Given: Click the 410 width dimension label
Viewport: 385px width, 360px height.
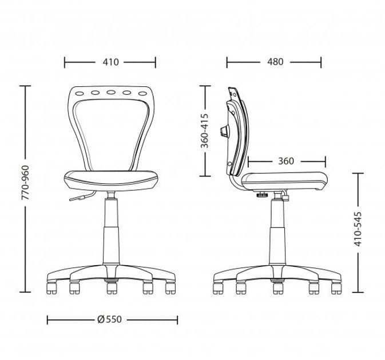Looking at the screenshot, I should click(x=110, y=62).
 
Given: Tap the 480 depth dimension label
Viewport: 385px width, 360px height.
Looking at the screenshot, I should click(x=275, y=62).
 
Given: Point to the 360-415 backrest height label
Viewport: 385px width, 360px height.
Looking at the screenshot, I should click(x=205, y=131).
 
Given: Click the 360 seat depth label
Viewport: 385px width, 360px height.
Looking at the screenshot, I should click(x=286, y=161).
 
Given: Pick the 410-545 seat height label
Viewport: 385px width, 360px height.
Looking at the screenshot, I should click(x=358, y=228).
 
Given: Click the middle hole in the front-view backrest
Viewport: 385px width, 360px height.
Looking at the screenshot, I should click(x=111, y=92).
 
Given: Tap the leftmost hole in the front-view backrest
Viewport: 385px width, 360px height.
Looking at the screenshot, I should click(x=80, y=92).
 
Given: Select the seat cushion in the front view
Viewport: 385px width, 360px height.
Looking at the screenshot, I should click(x=111, y=179).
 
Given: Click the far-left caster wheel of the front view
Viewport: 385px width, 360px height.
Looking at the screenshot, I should click(x=51, y=287).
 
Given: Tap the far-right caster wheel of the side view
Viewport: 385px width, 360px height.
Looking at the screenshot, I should click(x=336, y=287).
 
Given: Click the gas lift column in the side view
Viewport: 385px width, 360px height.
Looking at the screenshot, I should click(x=278, y=234).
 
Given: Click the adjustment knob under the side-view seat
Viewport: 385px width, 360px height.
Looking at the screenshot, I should click(x=262, y=196).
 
